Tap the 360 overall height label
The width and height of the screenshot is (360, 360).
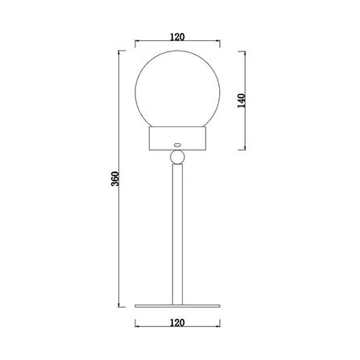(114, 178)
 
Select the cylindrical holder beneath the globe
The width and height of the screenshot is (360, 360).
(178, 139)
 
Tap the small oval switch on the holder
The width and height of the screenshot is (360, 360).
(178, 146)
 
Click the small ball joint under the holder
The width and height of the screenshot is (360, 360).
(178, 155)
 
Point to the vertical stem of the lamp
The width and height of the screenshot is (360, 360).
(178, 234)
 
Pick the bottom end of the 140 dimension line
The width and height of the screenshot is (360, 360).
(247, 151)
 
